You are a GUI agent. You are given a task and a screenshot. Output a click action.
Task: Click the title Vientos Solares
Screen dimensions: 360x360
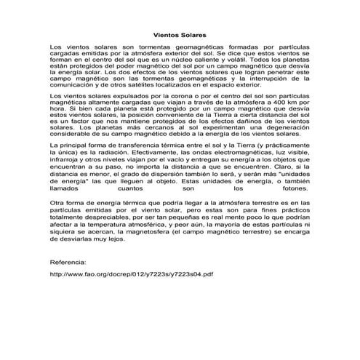pos(180,33)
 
